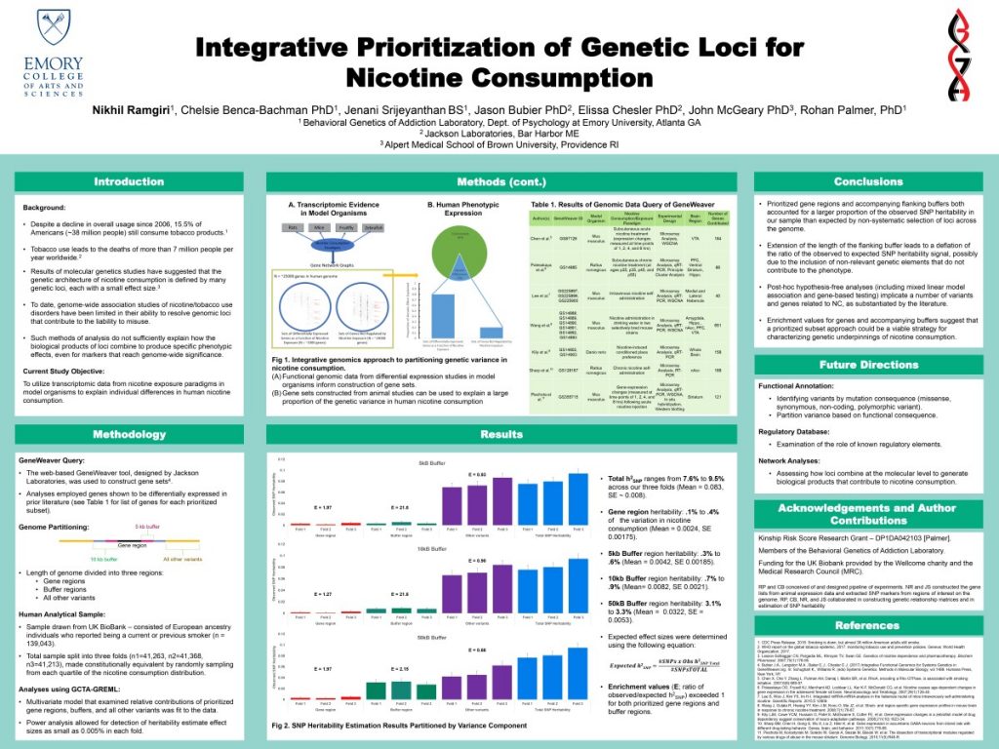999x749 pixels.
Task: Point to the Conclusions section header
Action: [867, 181]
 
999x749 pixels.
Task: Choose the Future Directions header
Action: [867, 365]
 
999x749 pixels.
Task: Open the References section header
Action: [867, 625]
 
